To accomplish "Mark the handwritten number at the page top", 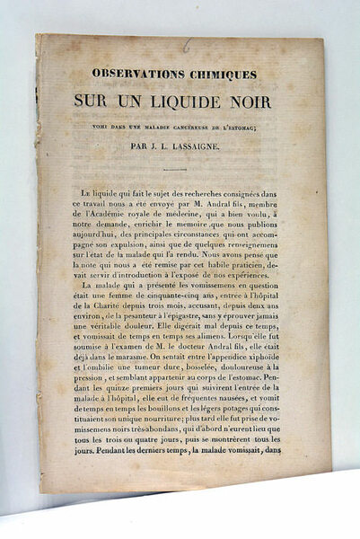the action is point(185,43).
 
